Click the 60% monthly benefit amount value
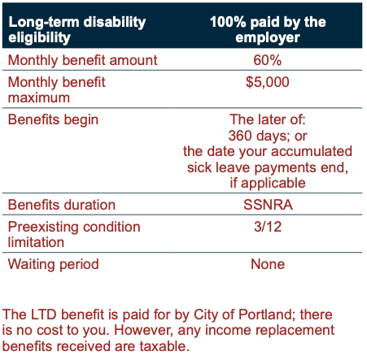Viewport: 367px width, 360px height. (267, 60)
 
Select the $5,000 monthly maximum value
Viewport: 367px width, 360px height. (268, 82)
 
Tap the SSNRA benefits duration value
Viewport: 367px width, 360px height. (268, 205)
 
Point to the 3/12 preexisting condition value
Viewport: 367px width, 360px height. (268, 227)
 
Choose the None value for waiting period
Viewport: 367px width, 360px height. (268, 264)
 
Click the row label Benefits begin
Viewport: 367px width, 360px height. (53, 120)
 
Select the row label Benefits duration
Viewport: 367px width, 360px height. (62, 205)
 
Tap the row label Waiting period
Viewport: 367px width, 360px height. (53, 264)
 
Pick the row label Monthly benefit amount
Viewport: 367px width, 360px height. (82, 60)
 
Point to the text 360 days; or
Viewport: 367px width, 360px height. (268, 136)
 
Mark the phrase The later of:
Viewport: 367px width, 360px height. (268, 119)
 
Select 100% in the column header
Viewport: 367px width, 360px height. (228, 22)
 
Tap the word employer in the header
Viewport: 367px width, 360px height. (268, 38)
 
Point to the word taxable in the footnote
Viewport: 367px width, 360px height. (163, 346)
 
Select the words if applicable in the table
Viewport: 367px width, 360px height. (268, 184)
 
